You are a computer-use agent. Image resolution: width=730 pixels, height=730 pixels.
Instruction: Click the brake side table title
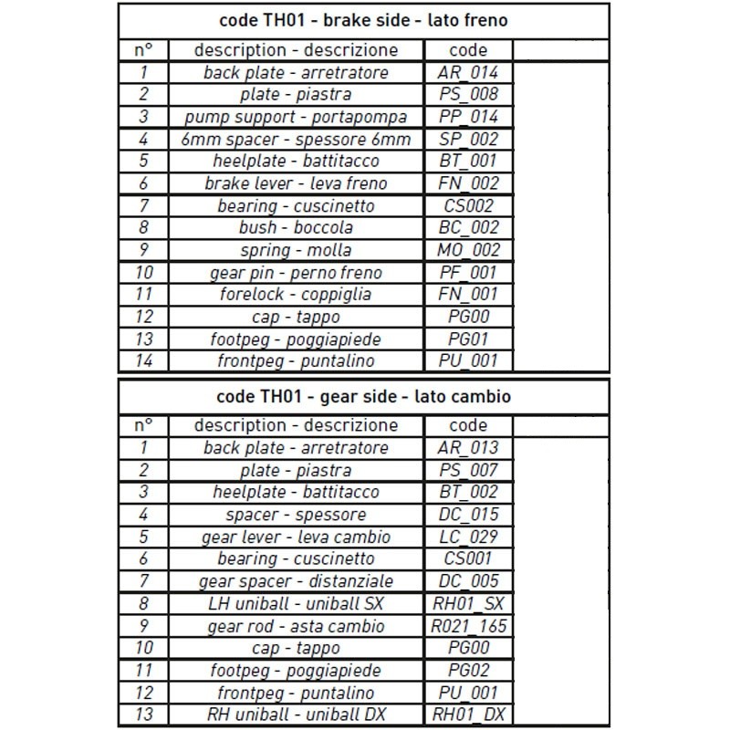[363, 20]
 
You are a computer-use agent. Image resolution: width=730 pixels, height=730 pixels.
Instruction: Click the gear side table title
[363, 397]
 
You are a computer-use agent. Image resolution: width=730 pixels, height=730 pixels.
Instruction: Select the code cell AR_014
[469, 73]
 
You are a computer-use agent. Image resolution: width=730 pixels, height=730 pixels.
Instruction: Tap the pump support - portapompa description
[296, 118]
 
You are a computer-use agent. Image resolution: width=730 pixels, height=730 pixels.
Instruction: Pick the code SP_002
[469, 140]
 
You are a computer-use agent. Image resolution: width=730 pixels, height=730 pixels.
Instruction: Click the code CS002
[469, 206]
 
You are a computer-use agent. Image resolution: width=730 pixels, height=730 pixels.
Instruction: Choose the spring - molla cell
[296, 251]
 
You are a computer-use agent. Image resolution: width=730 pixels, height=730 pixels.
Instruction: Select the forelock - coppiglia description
[296, 295]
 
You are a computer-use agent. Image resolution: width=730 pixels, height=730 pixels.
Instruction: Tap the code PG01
[469, 339]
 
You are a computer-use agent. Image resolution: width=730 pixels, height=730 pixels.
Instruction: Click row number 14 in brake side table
[144, 361]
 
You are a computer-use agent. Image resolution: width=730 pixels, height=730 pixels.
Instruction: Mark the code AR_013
[469, 448]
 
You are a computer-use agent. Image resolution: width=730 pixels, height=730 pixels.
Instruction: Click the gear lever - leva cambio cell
[296, 537]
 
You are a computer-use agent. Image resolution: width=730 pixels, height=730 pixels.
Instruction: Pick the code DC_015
[469, 515]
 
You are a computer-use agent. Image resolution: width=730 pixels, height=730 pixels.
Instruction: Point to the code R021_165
[469, 627]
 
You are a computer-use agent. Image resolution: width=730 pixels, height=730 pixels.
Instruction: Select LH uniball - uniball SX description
[296, 604]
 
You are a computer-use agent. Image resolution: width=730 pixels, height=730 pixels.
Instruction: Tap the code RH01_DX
[469, 715]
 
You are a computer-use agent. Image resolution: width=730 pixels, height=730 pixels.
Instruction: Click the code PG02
[469, 672]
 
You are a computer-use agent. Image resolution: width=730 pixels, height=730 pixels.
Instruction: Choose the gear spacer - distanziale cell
[296, 582]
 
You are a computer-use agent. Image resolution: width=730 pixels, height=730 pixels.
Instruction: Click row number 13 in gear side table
[144, 715]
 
